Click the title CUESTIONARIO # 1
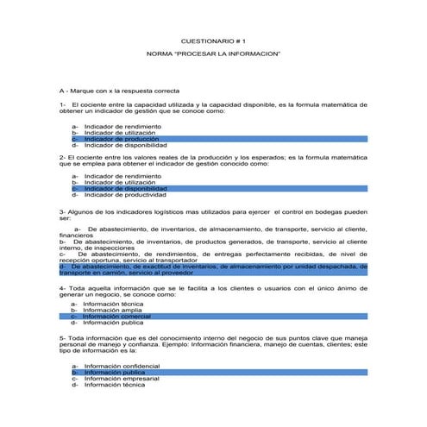pos(213,41)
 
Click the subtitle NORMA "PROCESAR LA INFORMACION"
pos(213,53)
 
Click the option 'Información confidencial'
pos(122,366)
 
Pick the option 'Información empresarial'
pos(122,378)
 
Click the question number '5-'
pos(63,339)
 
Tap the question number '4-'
pos(63,287)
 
